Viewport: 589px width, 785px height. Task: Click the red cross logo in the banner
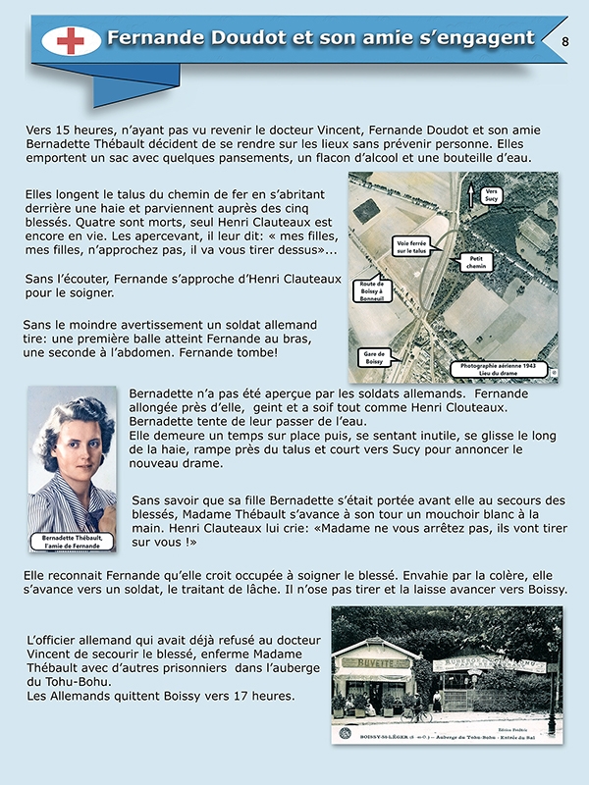point(71,40)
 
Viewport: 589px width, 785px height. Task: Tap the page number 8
point(564,41)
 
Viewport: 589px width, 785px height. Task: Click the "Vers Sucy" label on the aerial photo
point(493,196)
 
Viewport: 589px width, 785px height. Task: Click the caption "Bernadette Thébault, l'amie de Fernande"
point(73,544)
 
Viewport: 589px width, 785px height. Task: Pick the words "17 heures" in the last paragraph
point(263,697)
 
